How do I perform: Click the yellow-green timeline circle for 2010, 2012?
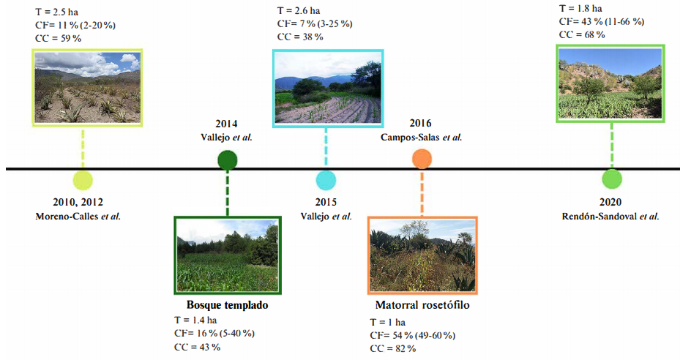(83, 180)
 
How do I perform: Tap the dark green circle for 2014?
(228, 160)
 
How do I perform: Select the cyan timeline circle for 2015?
(326, 180)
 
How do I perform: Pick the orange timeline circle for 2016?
(422, 159)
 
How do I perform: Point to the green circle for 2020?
(611, 179)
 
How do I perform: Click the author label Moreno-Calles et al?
(78, 216)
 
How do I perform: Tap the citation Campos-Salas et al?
(421, 137)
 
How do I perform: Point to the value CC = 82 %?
(392, 348)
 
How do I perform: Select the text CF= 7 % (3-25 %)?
(314, 24)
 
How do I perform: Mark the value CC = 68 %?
(582, 34)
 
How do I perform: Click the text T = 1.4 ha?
(195, 320)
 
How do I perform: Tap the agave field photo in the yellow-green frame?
(87, 86)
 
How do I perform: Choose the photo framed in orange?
(422, 255)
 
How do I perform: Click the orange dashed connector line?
(422, 194)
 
